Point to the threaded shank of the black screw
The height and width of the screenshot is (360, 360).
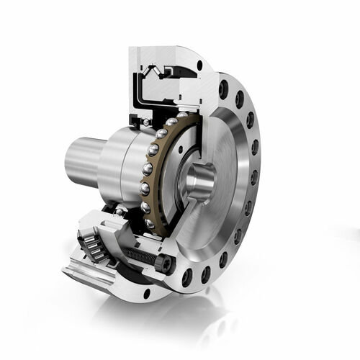pos(141,253)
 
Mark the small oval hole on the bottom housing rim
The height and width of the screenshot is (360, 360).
pos(147,293)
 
